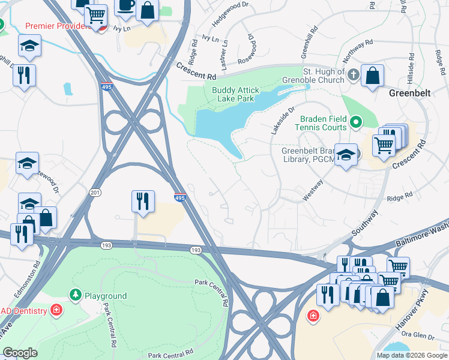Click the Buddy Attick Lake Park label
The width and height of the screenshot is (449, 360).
[227, 95]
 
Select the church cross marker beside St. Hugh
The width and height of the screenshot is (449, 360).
[354, 75]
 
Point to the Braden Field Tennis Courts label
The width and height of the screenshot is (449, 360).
[320, 123]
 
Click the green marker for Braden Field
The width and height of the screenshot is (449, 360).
[355, 122]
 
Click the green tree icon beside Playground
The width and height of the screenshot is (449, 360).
[76, 294]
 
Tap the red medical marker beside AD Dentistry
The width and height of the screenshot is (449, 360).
[56, 310]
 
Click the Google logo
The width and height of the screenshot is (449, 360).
[20, 353]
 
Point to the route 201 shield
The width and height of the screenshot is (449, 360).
[95, 192]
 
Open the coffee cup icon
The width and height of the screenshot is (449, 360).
[125, 5]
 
